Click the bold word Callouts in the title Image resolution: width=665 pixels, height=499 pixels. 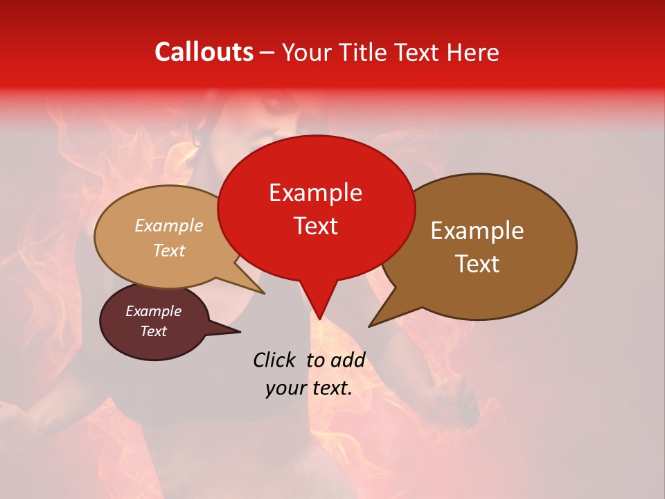point(204,52)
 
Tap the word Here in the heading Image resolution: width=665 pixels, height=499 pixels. point(472,52)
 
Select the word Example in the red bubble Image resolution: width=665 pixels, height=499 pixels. point(315,193)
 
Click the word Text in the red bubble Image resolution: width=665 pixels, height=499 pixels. point(315,226)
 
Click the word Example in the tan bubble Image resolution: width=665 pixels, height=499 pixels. point(169,226)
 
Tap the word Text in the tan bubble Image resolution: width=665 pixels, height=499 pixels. point(169,251)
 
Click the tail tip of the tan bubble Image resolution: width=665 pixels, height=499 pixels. point(263,292)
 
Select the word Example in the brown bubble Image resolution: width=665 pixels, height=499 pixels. point(477,231)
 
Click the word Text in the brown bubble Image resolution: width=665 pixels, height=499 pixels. point(477,264)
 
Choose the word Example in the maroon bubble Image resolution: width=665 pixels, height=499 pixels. point(153,311)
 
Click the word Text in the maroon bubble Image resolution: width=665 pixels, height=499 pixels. point(153,331)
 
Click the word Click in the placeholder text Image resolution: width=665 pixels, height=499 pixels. point(275,360)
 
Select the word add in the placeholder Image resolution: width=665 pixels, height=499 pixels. point(348,360)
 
